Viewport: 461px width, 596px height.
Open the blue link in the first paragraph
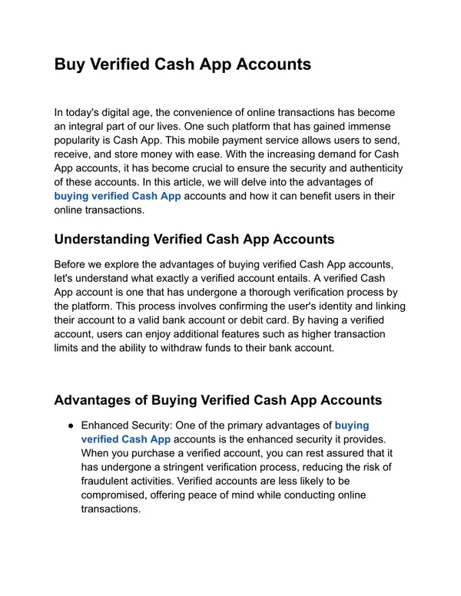tap(118, 196)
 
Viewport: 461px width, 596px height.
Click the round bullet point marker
tap(71, 425)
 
